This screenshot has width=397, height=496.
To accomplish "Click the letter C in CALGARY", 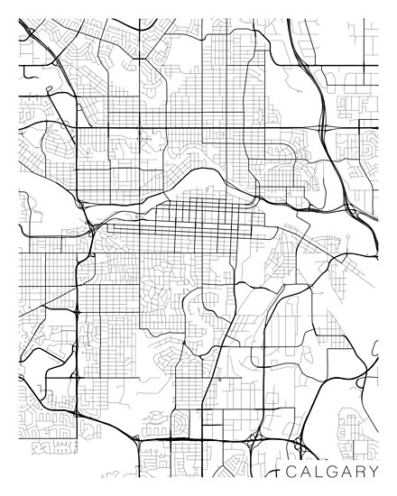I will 291,472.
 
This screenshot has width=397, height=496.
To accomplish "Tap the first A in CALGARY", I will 306,472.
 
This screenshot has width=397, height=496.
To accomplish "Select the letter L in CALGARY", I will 320,472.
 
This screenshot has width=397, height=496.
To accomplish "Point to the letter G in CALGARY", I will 334,472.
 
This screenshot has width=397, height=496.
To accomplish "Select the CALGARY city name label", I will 334,472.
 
